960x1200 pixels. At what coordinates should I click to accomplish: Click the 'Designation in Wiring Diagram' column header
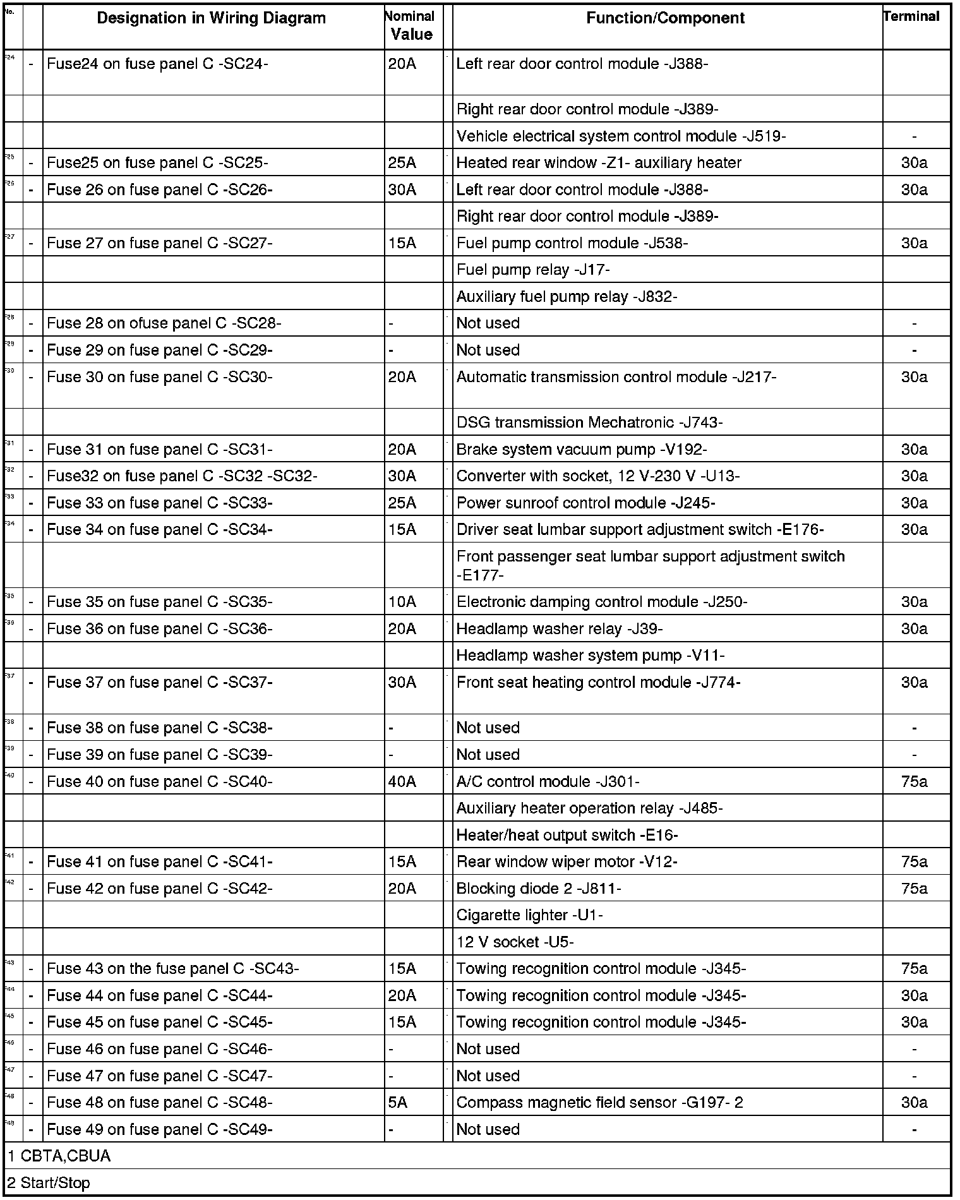pyautogui.click(x=211, y=18)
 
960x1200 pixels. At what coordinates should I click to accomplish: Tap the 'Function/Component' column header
pyautogui.click(x=665, y=18)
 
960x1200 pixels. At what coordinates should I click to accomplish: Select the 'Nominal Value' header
pyautogui.click(x=411, y=26)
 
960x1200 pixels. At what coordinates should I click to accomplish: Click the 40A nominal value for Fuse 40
pyautogui.click(x=402, y=782)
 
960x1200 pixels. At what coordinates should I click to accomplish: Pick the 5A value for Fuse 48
pyautogui.click(x=398, y=1103)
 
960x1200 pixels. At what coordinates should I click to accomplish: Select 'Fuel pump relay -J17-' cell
pyautogui.click(x=532, y=270)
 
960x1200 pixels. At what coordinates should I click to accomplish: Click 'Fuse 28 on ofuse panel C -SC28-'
pyautogui.click(x=164, y=323)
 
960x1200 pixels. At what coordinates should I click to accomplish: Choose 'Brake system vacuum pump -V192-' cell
pyautogui.click(x=581, y=450)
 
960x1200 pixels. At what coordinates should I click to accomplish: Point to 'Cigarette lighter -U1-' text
pyautogui.click(x=529, y=915)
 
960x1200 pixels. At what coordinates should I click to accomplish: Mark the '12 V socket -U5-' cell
pyautogui.click(x=515, y=942)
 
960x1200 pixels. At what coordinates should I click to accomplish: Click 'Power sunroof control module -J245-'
pyautogui.click(x=585, y=503)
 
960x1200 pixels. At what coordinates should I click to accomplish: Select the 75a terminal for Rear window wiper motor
pyautogui.click(x=914, y=862)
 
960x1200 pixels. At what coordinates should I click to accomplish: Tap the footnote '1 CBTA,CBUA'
pyautogui.click(x=59, y=1156)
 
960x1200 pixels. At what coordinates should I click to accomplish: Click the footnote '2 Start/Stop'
pyautogui.click(x=49, y=1183)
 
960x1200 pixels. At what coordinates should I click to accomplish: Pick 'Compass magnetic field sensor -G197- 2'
pyautogui.click(x=599, y=1103)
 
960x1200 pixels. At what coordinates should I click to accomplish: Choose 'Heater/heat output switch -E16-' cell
pyautogui.click(x=567, y=836)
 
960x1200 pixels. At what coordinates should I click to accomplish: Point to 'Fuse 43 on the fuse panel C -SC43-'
pyautogui.click(x=172, y=969)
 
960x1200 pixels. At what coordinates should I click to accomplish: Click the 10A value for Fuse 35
pyautogui.click(x=402, y=602)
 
